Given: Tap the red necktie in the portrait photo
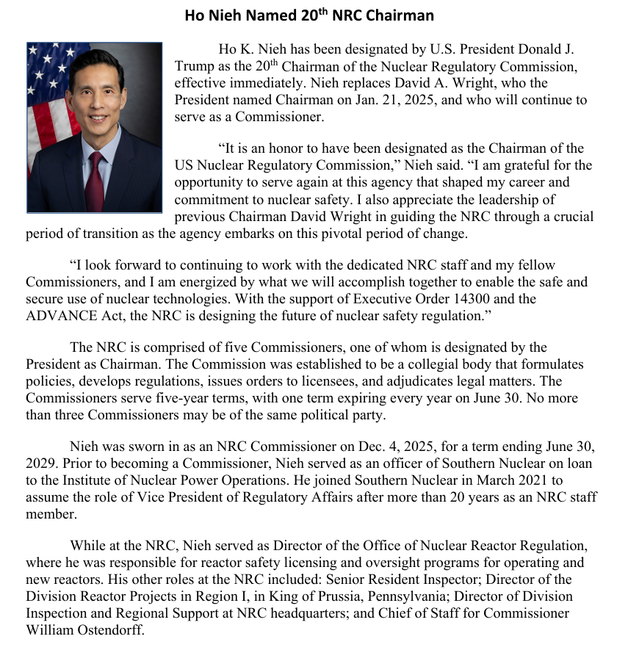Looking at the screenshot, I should [95, 181].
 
